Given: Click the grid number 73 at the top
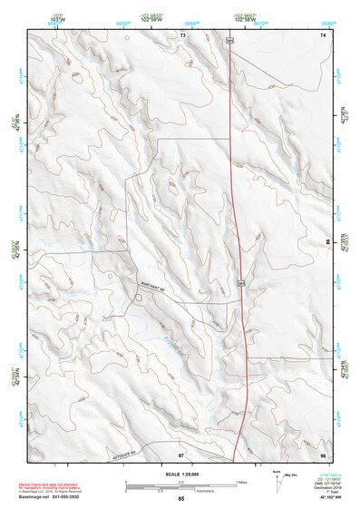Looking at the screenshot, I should coord(182,34).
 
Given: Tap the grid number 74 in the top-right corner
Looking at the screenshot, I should coord(322,34).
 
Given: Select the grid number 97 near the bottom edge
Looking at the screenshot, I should coord(181,452).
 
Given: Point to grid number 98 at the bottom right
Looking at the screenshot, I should coord(322,452).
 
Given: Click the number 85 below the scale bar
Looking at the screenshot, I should coord(181,499).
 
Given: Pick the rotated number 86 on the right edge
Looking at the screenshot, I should coord(328,243).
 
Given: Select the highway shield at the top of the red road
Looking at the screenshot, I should coord(230,40).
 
